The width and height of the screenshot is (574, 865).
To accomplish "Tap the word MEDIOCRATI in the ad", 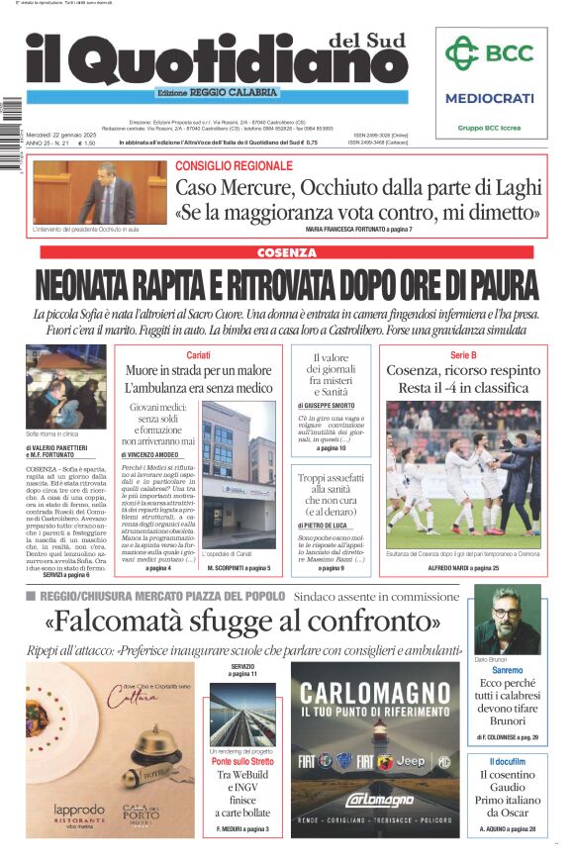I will [x=489, y=98].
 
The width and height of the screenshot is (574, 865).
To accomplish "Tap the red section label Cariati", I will [x=198, y=354].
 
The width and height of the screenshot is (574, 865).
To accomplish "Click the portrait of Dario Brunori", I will [x=507, y=621].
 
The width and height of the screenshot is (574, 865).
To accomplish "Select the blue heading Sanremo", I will [x=507, y=671].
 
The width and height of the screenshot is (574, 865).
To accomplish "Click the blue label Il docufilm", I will [x=507, y=760].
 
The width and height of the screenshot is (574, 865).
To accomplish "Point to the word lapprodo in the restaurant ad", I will [x=78, y=810].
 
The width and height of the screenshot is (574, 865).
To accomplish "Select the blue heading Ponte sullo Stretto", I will [x=241, y=762].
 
